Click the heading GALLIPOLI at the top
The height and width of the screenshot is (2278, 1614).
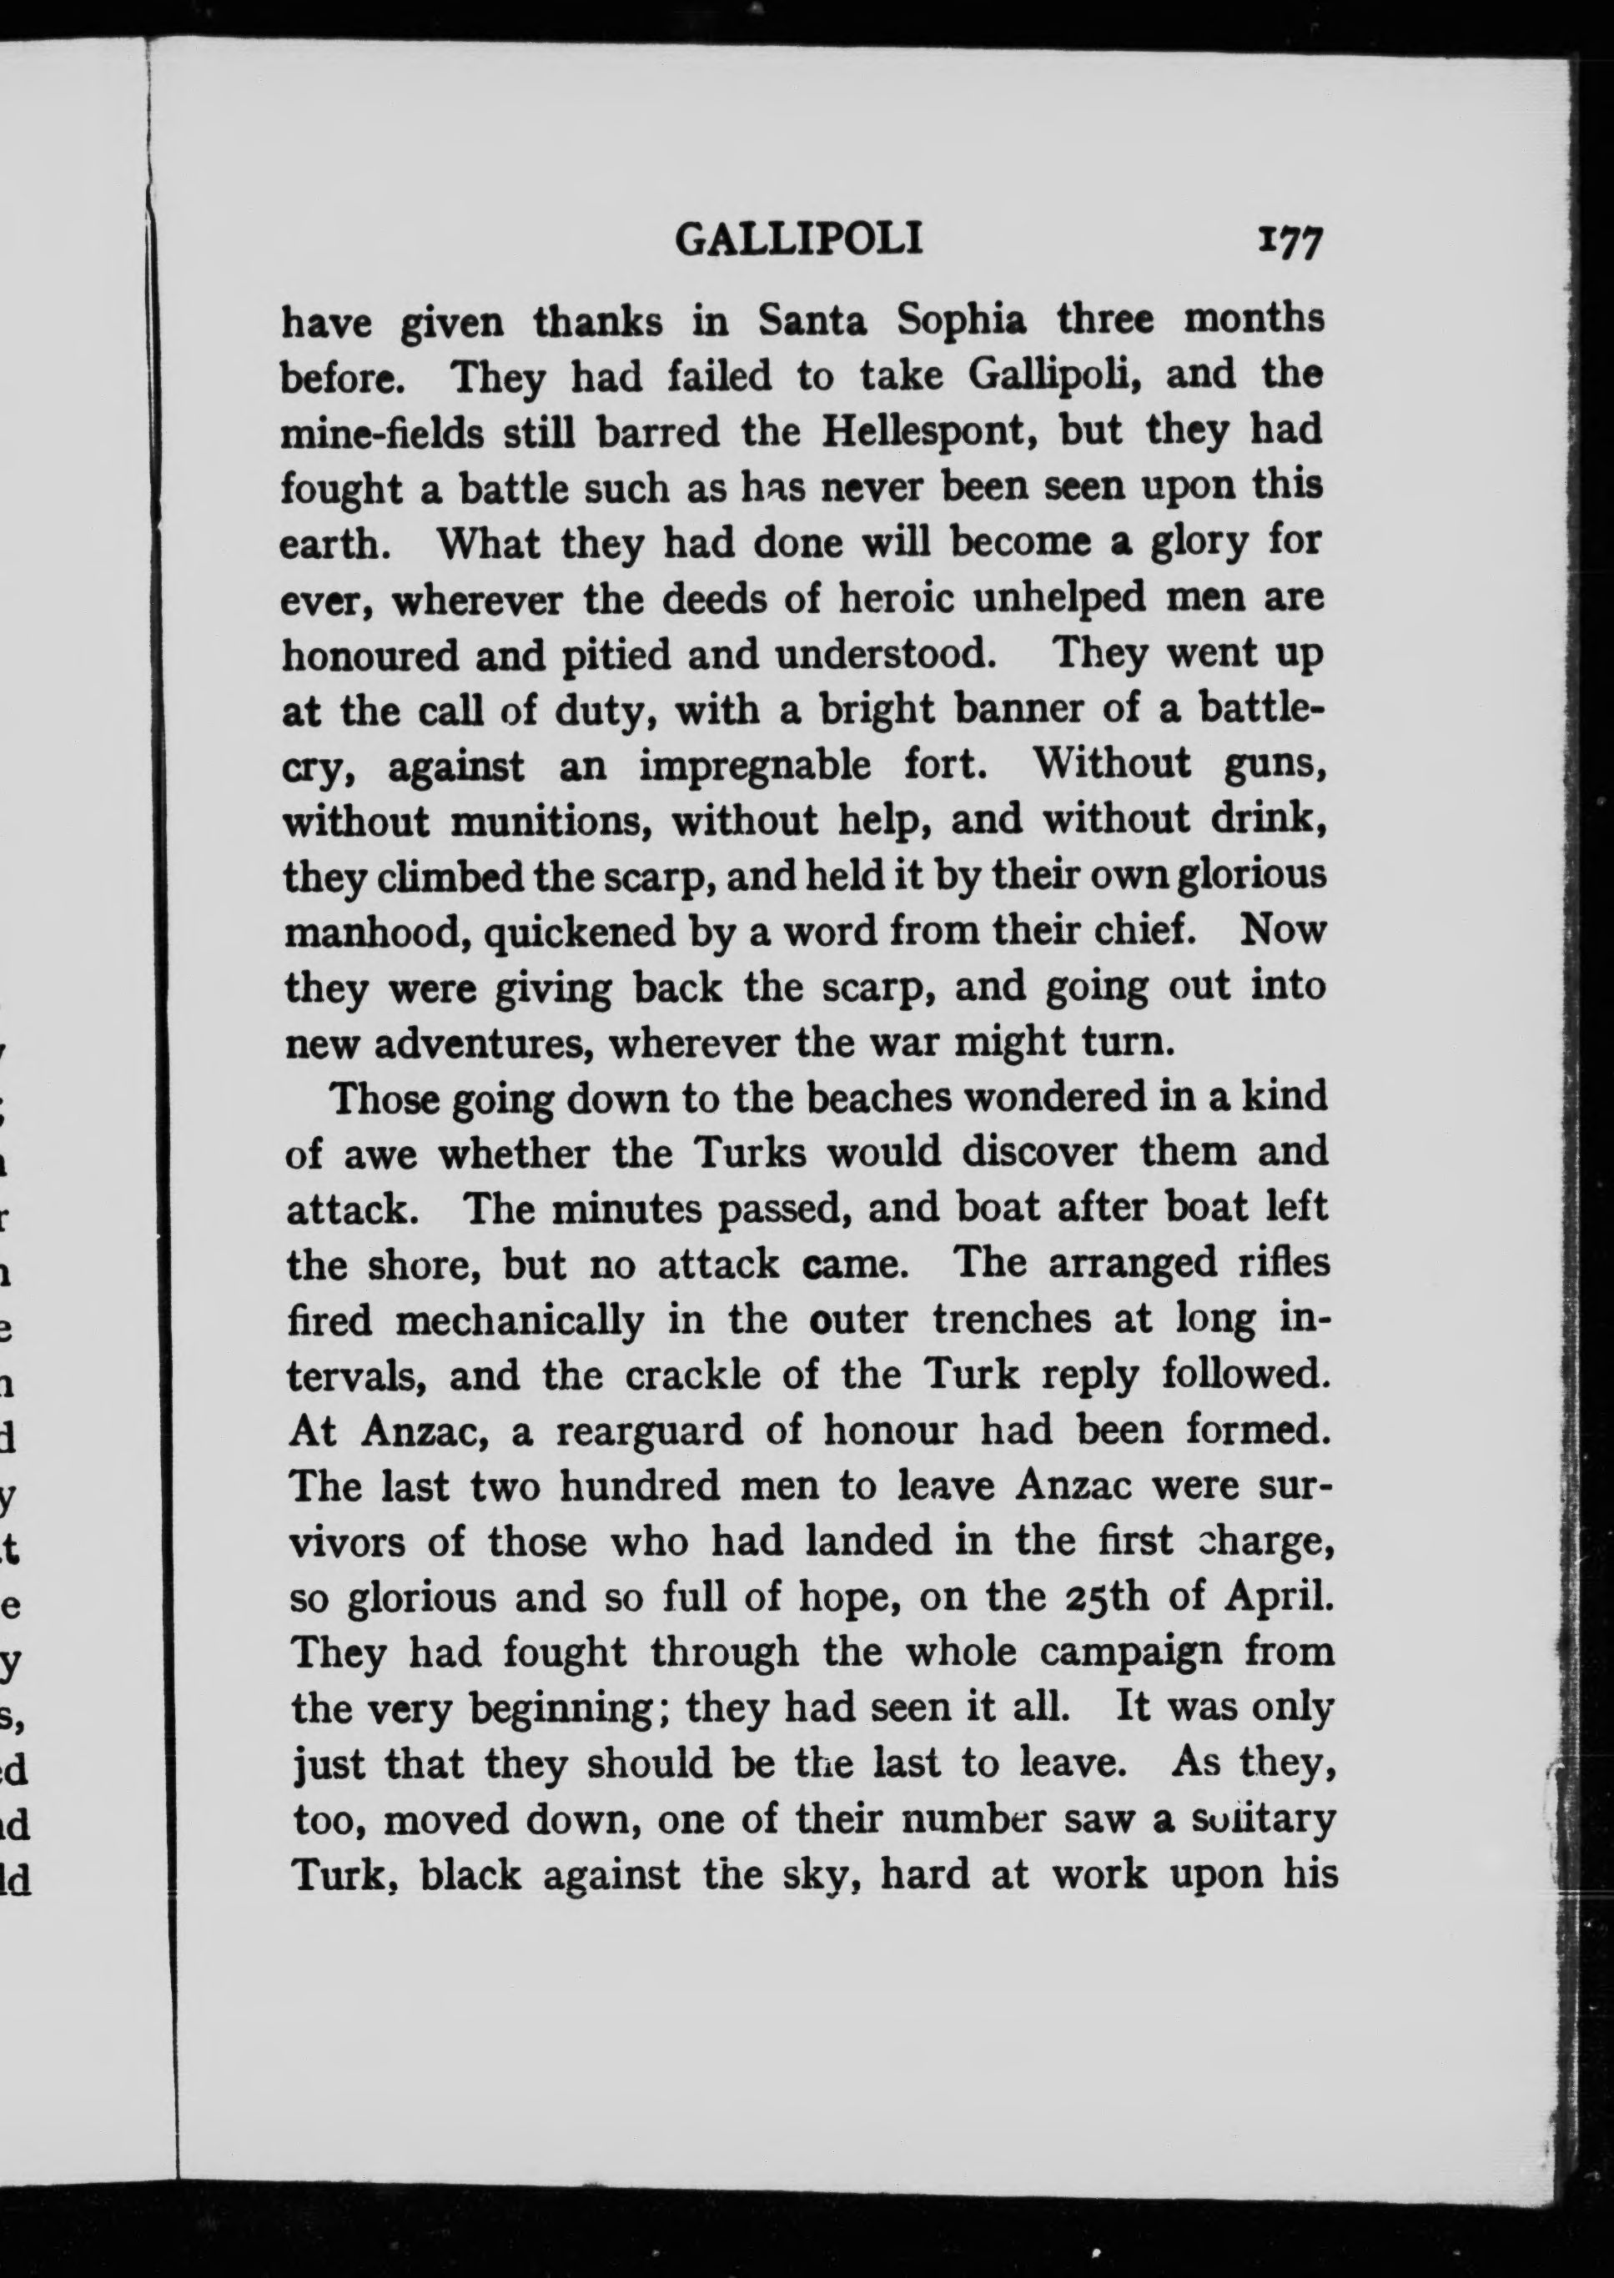click(x=799, y=239)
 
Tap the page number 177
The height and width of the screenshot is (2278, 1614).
click(x=1289, y=243)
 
